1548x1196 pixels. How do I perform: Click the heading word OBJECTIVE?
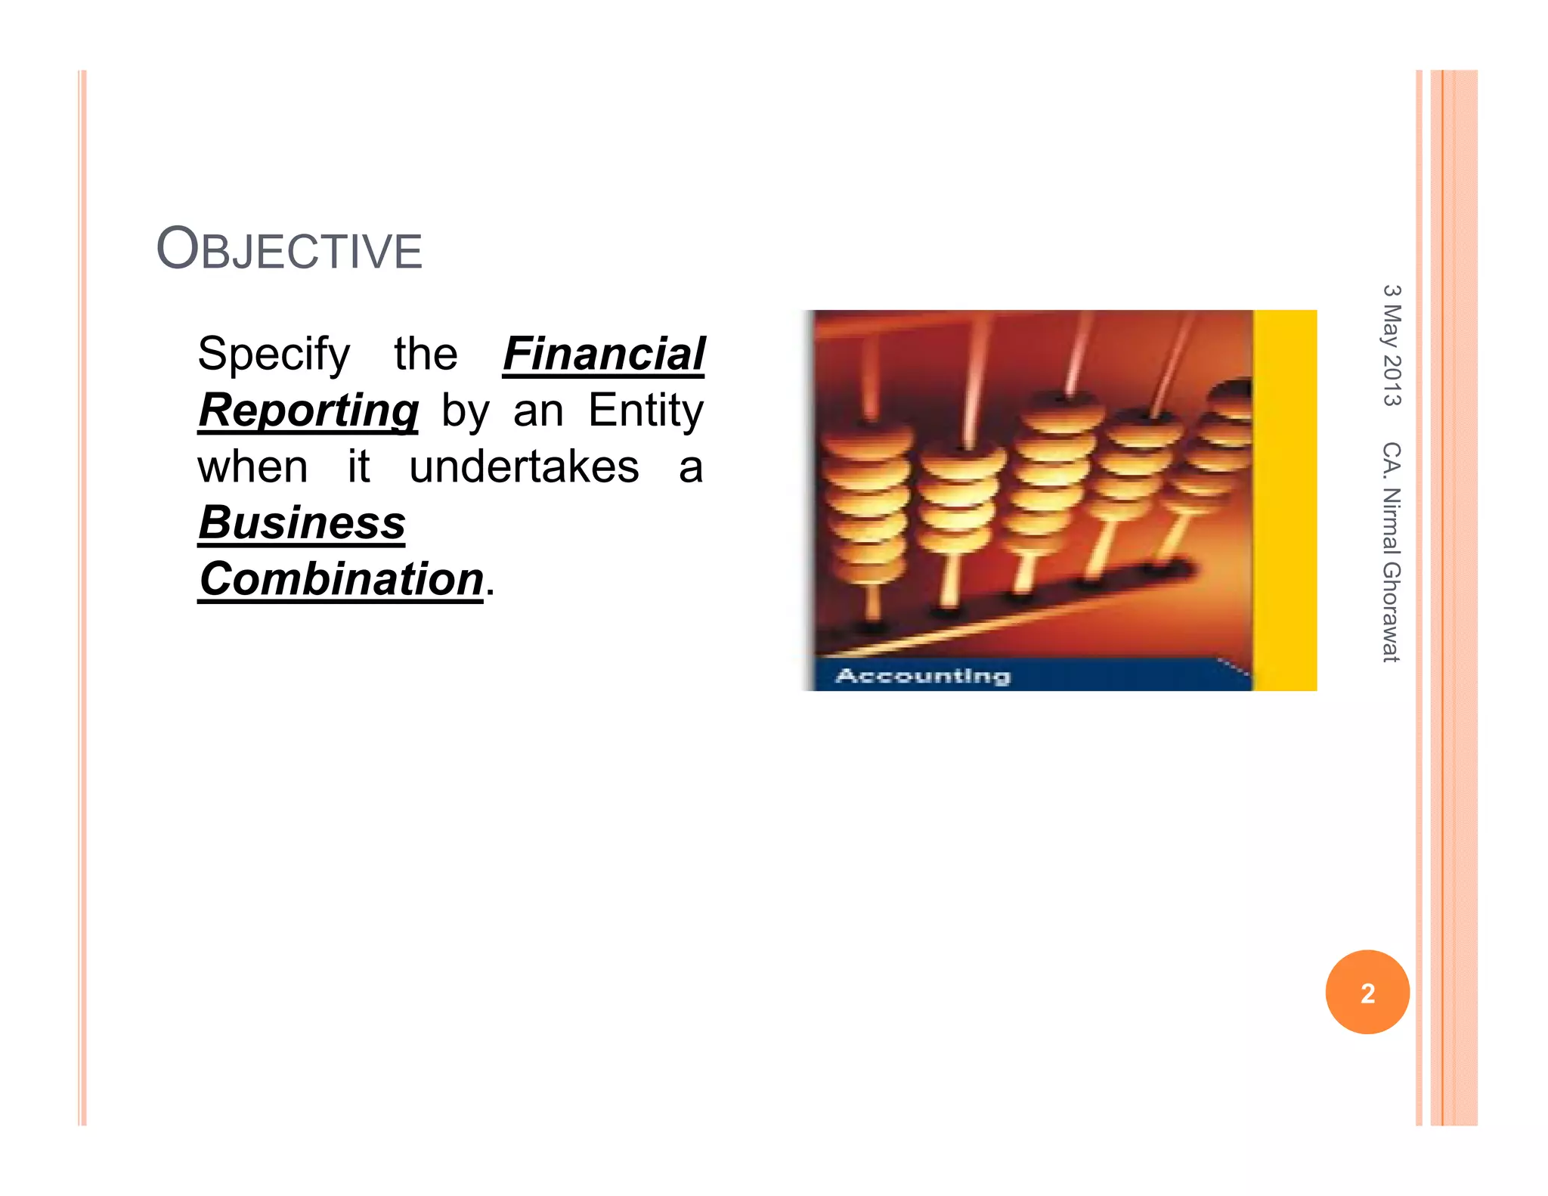click(x=289, y=249)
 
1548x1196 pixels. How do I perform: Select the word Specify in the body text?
click(x=274, y=354)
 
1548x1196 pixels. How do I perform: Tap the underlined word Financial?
click(x=603, y=354)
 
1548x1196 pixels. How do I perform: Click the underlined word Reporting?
click(x=308, y=411)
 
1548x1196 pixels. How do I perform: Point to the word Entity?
click(x=646, y=411)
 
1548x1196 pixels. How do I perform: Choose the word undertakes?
click(x=524, y=466)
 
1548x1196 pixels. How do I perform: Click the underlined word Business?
click(x=302, y=522)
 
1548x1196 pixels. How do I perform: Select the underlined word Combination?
click(x=341, y=579)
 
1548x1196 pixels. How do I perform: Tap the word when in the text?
click(x=252, y=466)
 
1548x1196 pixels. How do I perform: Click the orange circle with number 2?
click(x=1367, y=992)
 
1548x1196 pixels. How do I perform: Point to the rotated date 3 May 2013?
click(x=1392, y=345)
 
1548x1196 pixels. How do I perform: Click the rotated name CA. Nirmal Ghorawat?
click(x=1392, y=552)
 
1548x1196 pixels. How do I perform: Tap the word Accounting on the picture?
click(x=923, y=675)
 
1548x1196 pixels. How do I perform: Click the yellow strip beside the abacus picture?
click(x=1285, y=499)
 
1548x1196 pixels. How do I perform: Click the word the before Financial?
click(x=426, y=354)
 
